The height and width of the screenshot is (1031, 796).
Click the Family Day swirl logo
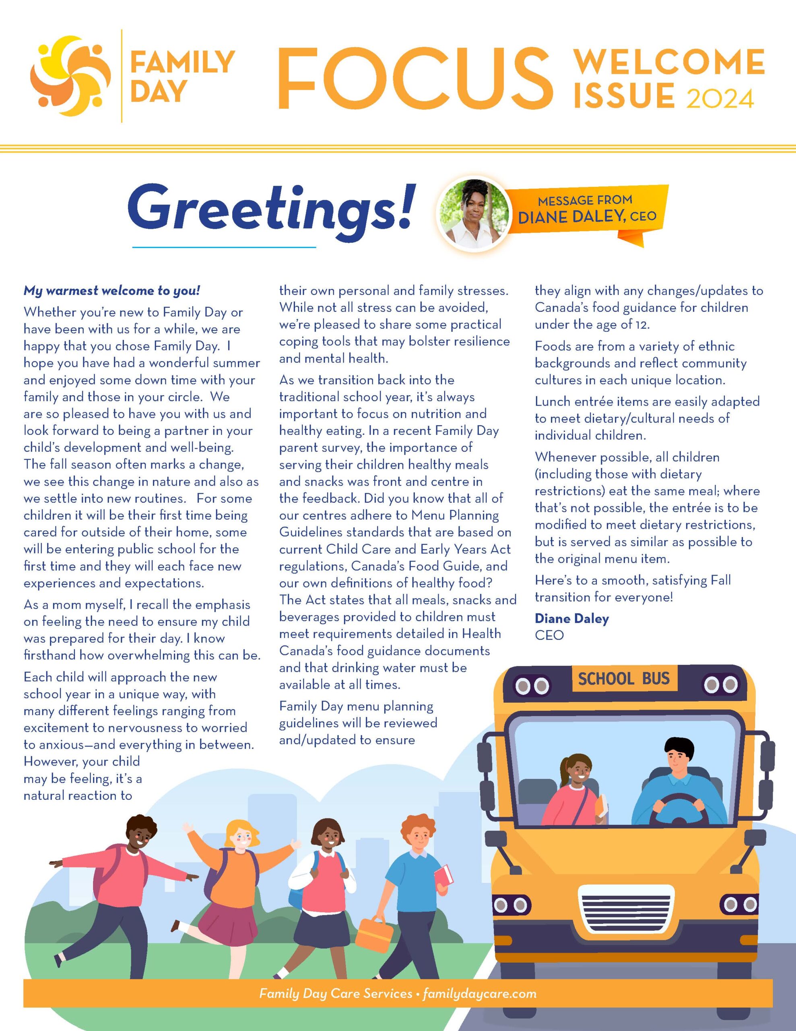point(71,76)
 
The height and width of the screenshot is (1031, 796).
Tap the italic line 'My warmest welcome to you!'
point(112,290)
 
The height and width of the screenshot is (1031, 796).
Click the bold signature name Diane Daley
point(571,619)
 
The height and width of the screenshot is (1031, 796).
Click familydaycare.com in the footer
point(479,994)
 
